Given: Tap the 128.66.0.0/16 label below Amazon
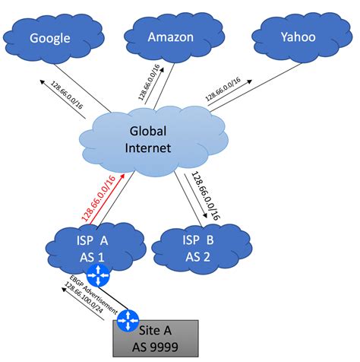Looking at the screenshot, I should pos(148,81).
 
